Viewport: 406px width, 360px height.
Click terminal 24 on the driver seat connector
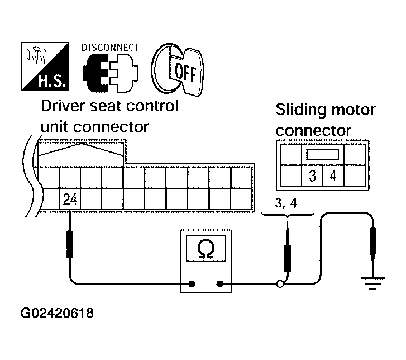click(70, 199)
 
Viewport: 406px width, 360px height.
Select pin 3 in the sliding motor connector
click(312, 176)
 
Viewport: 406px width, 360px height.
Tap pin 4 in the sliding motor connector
click(333, 176)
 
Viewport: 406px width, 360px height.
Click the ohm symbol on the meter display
click(206, 249)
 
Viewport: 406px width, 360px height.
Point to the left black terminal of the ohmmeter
click(192, 284)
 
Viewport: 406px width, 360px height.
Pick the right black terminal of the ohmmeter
click(220, 284)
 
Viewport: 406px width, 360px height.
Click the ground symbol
click(373, 283)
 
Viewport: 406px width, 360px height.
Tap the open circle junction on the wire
click(280, 284)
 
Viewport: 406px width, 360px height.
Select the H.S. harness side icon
click(45, 67)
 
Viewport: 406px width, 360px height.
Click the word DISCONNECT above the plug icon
click(110, 48)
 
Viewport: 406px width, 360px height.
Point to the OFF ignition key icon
click(178, 69)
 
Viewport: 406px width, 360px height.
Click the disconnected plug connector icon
click(111, 73)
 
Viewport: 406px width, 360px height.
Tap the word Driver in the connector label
click(63, 106)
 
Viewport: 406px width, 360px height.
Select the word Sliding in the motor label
click(300, 110)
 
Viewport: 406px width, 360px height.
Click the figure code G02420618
click(57, 313)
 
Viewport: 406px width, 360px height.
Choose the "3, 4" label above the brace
click(286, 203)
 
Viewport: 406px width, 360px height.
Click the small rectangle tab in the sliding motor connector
click(323, 154)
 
